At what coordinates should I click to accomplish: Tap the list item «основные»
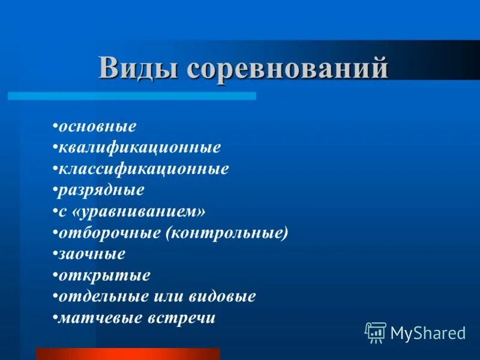pyautogui.click(x=97, y=127)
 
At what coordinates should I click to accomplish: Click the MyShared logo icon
pyautogui.click(x=376, y=332)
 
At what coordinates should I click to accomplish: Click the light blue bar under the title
pyautogui.click(x=132, y=96)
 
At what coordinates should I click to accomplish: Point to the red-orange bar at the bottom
pyautogui.click(x=128, y=353)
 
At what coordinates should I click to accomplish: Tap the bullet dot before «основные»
pyautogui.click(x=55, y=127)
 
